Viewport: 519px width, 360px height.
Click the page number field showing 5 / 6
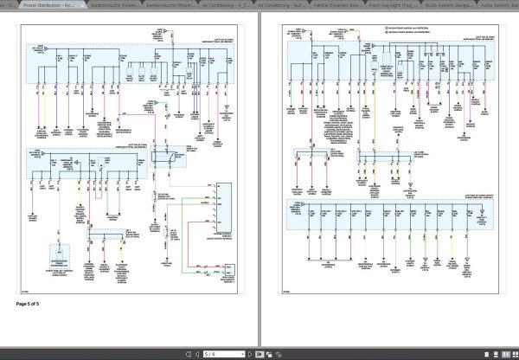[213, 354]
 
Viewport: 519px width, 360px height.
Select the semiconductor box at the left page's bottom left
[60, 260]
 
